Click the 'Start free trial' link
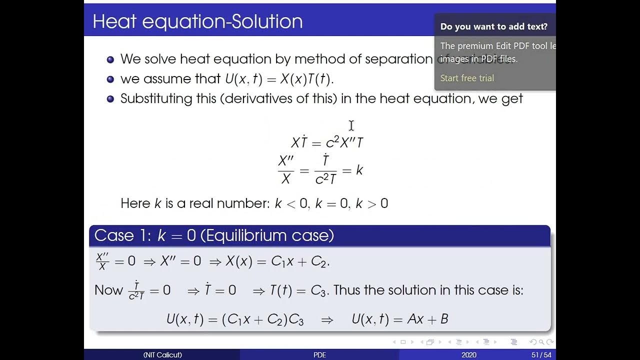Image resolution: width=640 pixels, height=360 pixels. click(467, 78)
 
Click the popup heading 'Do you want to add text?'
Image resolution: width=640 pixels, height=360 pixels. click(494, 26)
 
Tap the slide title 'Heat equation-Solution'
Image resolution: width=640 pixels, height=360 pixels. click(197, 21)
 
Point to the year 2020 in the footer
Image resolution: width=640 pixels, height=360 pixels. click(469, 355)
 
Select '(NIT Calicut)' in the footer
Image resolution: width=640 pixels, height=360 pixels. click(162, 355)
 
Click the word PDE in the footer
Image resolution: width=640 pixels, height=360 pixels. click(319, 355)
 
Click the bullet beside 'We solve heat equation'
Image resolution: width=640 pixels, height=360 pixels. click(110, 59)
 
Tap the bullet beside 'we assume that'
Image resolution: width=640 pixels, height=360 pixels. click(110, 79)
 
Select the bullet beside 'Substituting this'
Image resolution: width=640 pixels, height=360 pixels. click(110, 98)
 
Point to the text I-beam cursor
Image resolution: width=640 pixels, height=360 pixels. click(351, 125)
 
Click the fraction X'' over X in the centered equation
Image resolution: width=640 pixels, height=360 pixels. click(286, 170)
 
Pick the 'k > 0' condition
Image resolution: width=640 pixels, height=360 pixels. click(371, 203)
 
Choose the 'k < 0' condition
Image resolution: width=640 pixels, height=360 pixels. click(292, 203)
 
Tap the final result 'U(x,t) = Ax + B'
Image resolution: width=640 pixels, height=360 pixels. click(399, 319)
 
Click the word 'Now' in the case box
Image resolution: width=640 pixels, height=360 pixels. click(108, 290)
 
